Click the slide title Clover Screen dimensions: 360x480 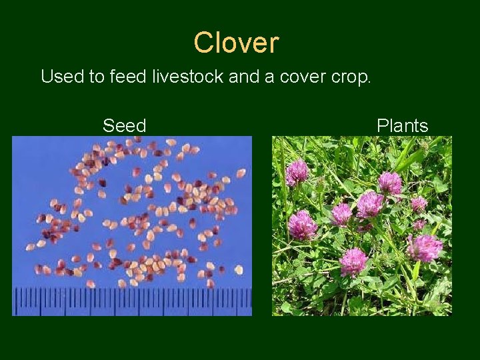click(236, 43)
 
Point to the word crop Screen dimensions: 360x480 click(348, 77)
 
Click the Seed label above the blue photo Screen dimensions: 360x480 click(124, 125)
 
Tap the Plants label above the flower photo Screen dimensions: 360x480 click(402, 125)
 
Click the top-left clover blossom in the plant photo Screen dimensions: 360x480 click(297, 172)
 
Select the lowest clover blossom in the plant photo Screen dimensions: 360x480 click(353, 261)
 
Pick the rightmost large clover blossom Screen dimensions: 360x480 click(424, 247)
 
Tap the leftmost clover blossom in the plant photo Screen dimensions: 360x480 click(301, 225)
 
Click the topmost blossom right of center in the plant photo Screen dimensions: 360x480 click(389, 182)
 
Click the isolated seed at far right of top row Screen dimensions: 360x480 click(241, 173)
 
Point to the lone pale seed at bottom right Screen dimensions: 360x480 click(238, 269)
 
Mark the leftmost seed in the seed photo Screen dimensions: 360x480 click(30, 247)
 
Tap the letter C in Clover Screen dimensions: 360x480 click(203, 43)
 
